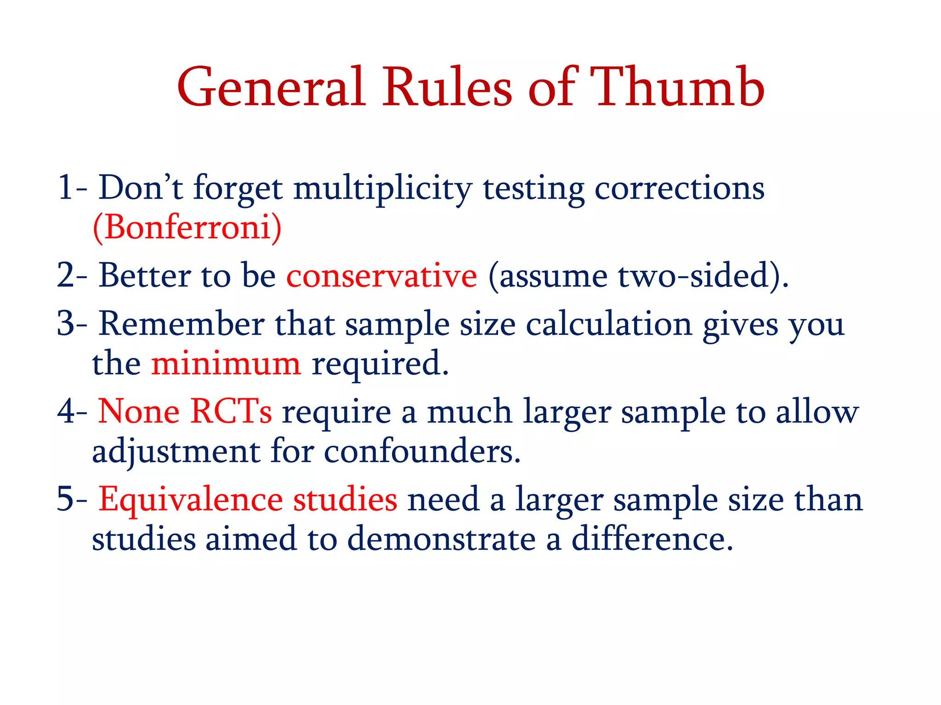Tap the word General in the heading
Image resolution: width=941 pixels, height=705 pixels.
coord(271,87)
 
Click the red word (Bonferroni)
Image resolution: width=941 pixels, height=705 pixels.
coord(187,227)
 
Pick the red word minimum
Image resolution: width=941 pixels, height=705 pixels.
coord(226,363)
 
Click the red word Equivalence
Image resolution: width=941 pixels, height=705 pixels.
coord(190,499)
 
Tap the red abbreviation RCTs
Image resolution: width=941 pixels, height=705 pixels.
coord(231,411)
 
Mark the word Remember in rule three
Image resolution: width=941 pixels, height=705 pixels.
coord(181,324)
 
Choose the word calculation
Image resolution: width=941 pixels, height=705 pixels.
coord(608,324)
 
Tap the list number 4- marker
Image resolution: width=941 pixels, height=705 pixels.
coord(72,411)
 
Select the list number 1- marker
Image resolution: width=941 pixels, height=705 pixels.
coord(72,188)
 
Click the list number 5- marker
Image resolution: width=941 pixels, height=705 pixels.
coord(72,499)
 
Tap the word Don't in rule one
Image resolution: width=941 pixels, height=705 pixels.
coord(141,188)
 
